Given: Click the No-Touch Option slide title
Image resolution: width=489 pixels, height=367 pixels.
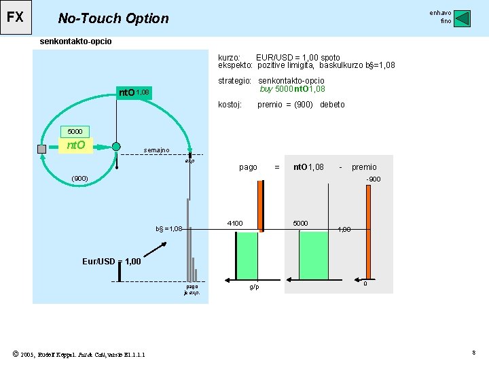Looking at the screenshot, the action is [x=113, y=18].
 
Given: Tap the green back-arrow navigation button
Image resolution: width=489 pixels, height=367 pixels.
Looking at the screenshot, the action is [x=462, y=18].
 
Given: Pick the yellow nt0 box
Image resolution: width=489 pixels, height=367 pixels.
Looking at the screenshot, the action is [x=74, y=145].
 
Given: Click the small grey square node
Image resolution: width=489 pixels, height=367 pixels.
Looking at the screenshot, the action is [x=42, y=147].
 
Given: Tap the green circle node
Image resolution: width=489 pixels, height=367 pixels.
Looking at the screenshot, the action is [x=115, y=147].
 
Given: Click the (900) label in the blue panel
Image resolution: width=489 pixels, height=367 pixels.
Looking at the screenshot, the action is [x=80, y=179].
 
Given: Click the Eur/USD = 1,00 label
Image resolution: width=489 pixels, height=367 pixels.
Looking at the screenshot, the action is [x=111, y=261].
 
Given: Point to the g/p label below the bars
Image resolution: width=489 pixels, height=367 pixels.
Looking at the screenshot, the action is [x=253, y=287].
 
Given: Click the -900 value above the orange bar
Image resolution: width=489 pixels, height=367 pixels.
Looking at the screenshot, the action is [x=373, y=179].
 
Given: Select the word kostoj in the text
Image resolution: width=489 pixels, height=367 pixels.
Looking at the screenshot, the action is [x=230, y=105].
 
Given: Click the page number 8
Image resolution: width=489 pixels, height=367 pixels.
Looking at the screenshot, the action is [x=473, y=352].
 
